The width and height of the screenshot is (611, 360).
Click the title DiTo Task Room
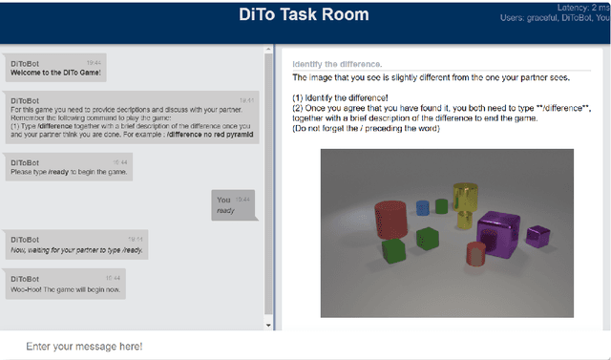[x=303, y=17]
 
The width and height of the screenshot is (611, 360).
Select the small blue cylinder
[x=423, y=207]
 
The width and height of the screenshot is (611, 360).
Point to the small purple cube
[x=538, y=234]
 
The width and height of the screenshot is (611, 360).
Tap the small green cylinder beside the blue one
[x=441, y=205]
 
